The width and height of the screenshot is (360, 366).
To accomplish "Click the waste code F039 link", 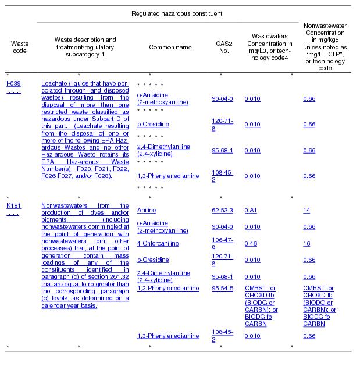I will tap(13, 83).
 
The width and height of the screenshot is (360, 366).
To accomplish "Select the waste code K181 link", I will tap(13, 205).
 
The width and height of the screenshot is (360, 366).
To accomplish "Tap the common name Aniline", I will tap(146, 210).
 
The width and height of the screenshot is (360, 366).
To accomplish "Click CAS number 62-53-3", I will tap(222, 210).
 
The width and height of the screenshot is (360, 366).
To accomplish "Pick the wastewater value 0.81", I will tap(251, 210).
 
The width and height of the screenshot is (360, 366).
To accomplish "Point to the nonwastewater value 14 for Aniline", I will tap(306, 210).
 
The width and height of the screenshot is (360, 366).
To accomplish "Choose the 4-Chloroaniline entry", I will tap(158, 243).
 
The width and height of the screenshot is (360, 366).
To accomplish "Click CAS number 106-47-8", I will tap(222, 243).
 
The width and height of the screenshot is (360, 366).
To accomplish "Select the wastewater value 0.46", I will tap(251, 243).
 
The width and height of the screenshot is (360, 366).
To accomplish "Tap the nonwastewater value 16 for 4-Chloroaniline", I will tap(306, 243).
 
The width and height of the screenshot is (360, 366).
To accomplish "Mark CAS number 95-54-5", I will tap(222, 288).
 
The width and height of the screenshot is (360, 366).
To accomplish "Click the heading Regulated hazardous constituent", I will tap(169, 13).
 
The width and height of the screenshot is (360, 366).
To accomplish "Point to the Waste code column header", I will tap(20, 47).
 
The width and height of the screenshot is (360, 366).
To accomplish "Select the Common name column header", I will tap(166, 47).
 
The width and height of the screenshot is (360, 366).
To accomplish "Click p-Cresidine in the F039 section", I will tap(153, 124).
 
